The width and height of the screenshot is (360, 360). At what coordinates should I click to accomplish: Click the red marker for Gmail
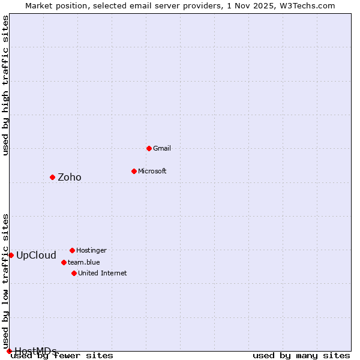pos(149,148)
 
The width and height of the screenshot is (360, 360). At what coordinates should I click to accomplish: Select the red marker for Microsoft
pos(134,171)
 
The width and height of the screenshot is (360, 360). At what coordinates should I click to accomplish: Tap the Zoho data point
pos(52,177)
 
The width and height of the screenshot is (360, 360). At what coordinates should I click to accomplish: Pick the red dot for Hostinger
pos(72,250)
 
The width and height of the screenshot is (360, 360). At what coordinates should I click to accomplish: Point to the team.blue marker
pos(64,262)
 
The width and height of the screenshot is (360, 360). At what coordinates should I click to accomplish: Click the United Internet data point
pos(74,273)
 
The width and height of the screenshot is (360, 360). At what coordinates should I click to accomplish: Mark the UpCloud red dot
pos(11,255)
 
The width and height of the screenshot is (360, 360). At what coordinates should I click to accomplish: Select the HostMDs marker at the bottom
pos(9,351)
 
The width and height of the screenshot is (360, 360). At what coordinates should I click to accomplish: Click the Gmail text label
pos(162,148)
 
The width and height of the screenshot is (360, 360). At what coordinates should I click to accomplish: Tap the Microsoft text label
pos(152,171)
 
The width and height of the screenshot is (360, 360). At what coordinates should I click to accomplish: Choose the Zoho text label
pos(70,177)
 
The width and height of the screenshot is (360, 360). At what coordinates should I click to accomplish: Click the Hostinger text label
pos(91,250)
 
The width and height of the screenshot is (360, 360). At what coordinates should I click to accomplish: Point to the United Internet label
pos(102,273)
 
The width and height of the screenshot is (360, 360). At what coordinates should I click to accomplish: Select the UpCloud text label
pos(36,255)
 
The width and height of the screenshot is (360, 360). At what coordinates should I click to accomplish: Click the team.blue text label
pos(84,262)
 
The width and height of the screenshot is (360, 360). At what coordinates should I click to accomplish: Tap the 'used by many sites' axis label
pos(301,355)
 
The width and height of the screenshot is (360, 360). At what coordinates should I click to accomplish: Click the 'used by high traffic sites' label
pos(5,85)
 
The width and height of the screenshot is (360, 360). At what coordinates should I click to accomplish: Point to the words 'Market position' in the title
pos(53,6)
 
